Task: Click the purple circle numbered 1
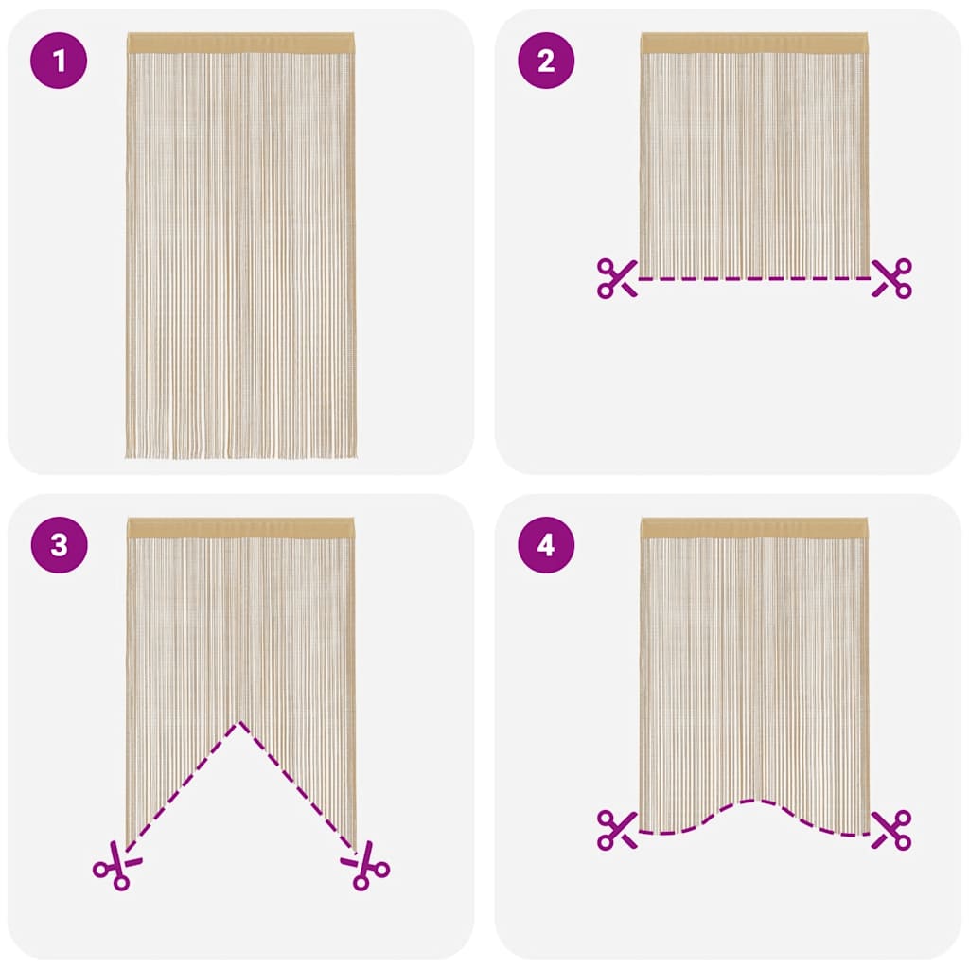click(x=60, y=62)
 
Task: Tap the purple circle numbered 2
click(x=545, y=62)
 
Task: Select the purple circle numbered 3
click(x=60, y=546)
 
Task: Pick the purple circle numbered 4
click(x=545, y=546)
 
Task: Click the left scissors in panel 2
click(x=617, y=278)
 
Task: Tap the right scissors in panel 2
click(x=891, y=278)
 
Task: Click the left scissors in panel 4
click(x=617, y=829)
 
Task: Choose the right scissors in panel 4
click(x=891, y=829)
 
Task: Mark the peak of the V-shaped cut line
click(x=240, y=723)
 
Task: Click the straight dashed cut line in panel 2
click(x=754, y=278)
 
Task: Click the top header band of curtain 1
click(x=240, y=43)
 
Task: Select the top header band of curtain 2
click(x=754, y=43)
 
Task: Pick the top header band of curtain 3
click(x=240, y=528)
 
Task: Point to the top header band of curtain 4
click(x=754, y=528)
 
